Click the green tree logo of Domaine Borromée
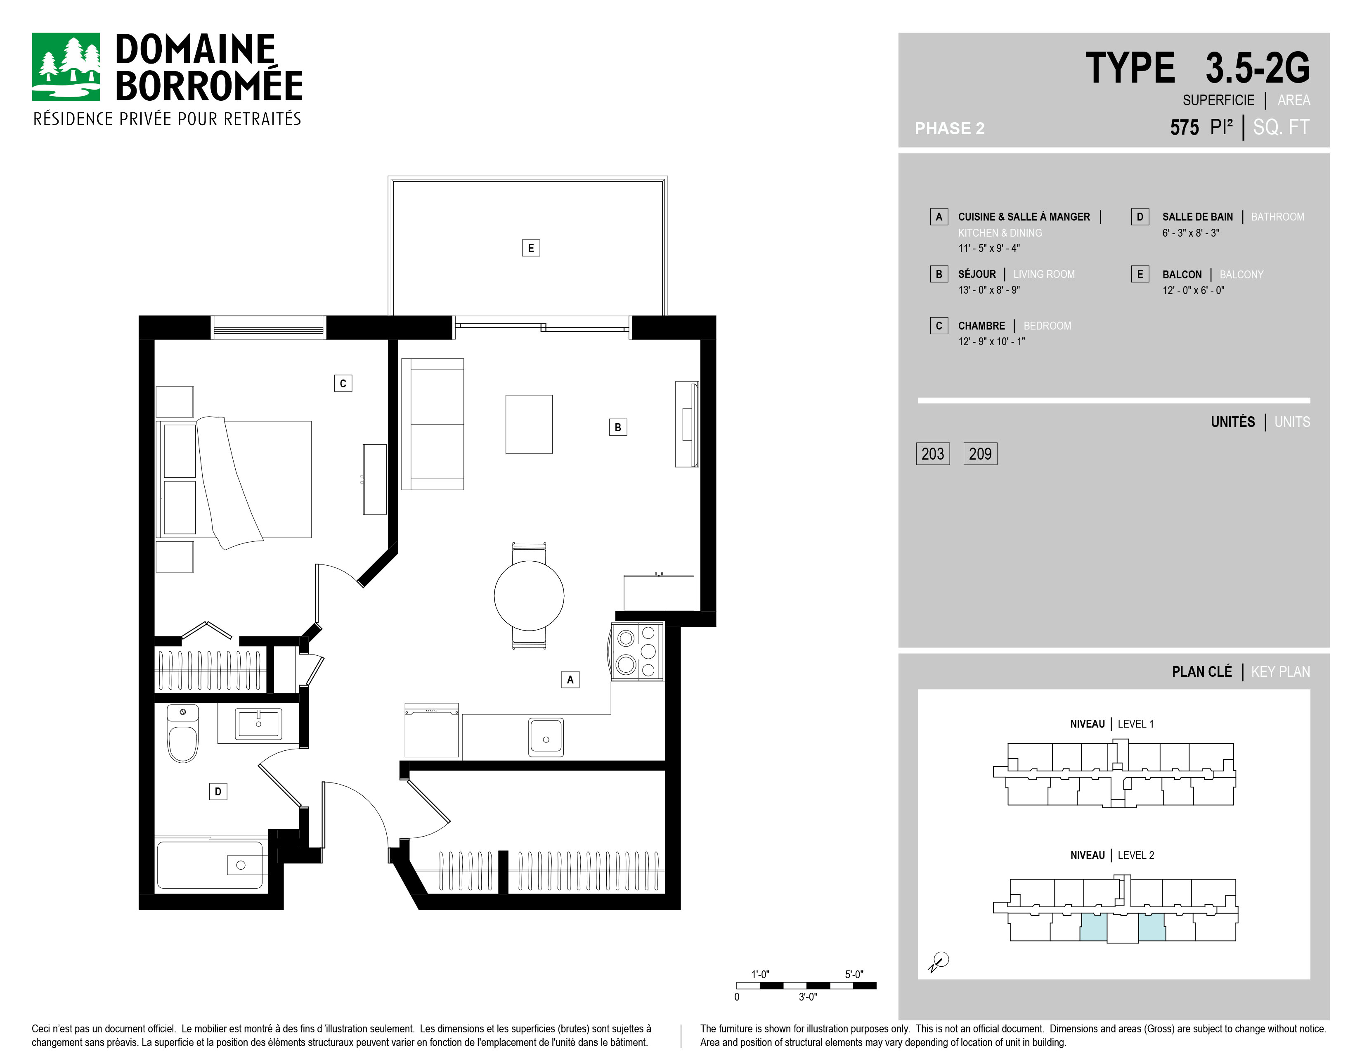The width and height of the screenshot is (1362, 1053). [x=66, y=67]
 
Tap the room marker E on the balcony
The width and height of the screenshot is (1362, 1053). [x=531, y=248]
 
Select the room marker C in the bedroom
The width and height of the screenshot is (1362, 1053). [x=343, y=383]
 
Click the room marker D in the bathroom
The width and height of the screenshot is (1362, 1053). [x=218, y=792]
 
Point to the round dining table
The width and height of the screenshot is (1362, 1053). [x=529, y=596]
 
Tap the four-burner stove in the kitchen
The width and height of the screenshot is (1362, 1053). [x=637, y=651]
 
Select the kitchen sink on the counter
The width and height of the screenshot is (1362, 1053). [x=546, y=738]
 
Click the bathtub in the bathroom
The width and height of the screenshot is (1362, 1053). [x=210, y=865]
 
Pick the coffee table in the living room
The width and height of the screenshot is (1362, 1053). [x=529, y=424]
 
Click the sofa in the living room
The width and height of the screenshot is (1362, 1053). [x=432, y=424]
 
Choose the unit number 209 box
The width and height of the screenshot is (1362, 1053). [x=980, y=453]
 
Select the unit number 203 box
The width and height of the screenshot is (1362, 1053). [x=932, y=453]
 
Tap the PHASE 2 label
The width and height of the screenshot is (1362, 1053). [x=949, y=128]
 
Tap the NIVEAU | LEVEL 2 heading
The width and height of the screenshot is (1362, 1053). [x=1112, y=855]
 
